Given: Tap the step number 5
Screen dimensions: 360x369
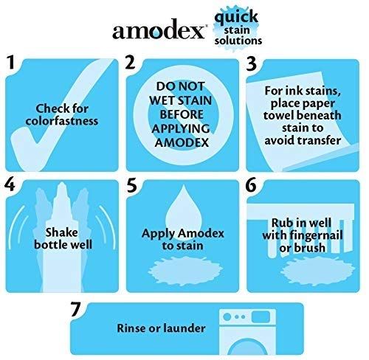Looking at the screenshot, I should point(131,185).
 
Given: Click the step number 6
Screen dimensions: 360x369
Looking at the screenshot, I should point(252,185).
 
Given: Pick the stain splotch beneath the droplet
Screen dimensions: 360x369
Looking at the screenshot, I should point(181,266).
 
